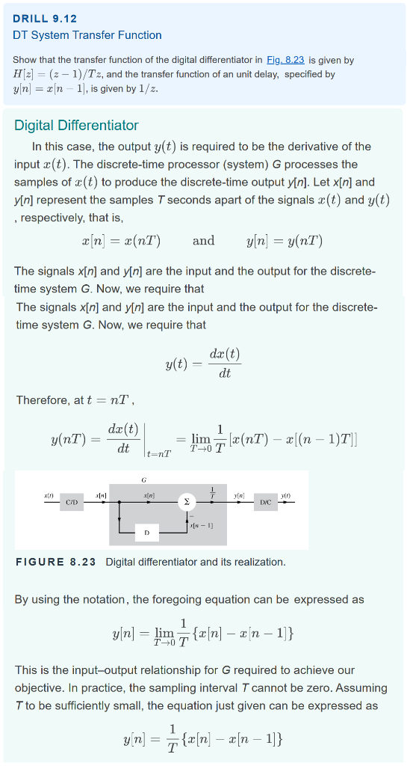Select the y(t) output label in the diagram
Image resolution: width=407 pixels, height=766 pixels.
[286, 495]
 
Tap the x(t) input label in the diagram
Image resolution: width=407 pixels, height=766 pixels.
[48, 495]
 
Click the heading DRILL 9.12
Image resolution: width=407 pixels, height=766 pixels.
[45, 18]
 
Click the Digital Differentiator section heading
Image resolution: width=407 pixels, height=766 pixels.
[76, 125]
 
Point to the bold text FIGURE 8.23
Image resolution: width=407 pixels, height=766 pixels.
[56, 562]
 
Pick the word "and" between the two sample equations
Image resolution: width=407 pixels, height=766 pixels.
[203, 240]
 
